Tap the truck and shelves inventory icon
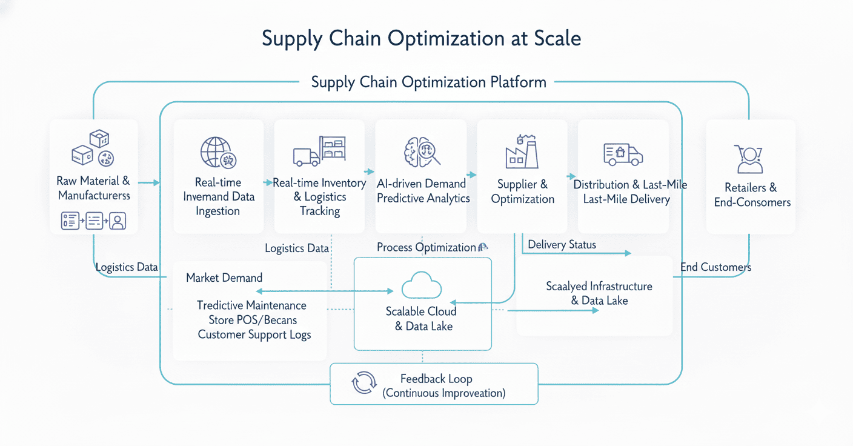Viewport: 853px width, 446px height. [319, 151]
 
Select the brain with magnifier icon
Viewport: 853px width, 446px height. [422, 151]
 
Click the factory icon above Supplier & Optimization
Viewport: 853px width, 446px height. [522, 151]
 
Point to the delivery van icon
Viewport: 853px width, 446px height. [623, 154]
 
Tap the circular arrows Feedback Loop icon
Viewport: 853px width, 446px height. [364, 384]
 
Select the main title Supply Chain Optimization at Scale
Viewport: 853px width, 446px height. [421, 39]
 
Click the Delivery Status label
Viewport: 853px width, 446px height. [562, 245]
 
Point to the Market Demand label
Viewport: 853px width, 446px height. [224, 278]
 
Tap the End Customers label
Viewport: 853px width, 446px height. [715, 267]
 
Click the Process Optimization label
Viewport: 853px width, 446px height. [426, 247]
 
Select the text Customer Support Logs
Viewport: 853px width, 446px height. [254, 334]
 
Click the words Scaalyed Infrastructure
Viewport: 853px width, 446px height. [599, 286]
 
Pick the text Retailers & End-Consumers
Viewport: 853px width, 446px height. [752, 195]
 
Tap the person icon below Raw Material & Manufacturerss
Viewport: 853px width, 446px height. [118, 221]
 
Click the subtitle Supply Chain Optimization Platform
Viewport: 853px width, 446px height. [428, 82]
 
